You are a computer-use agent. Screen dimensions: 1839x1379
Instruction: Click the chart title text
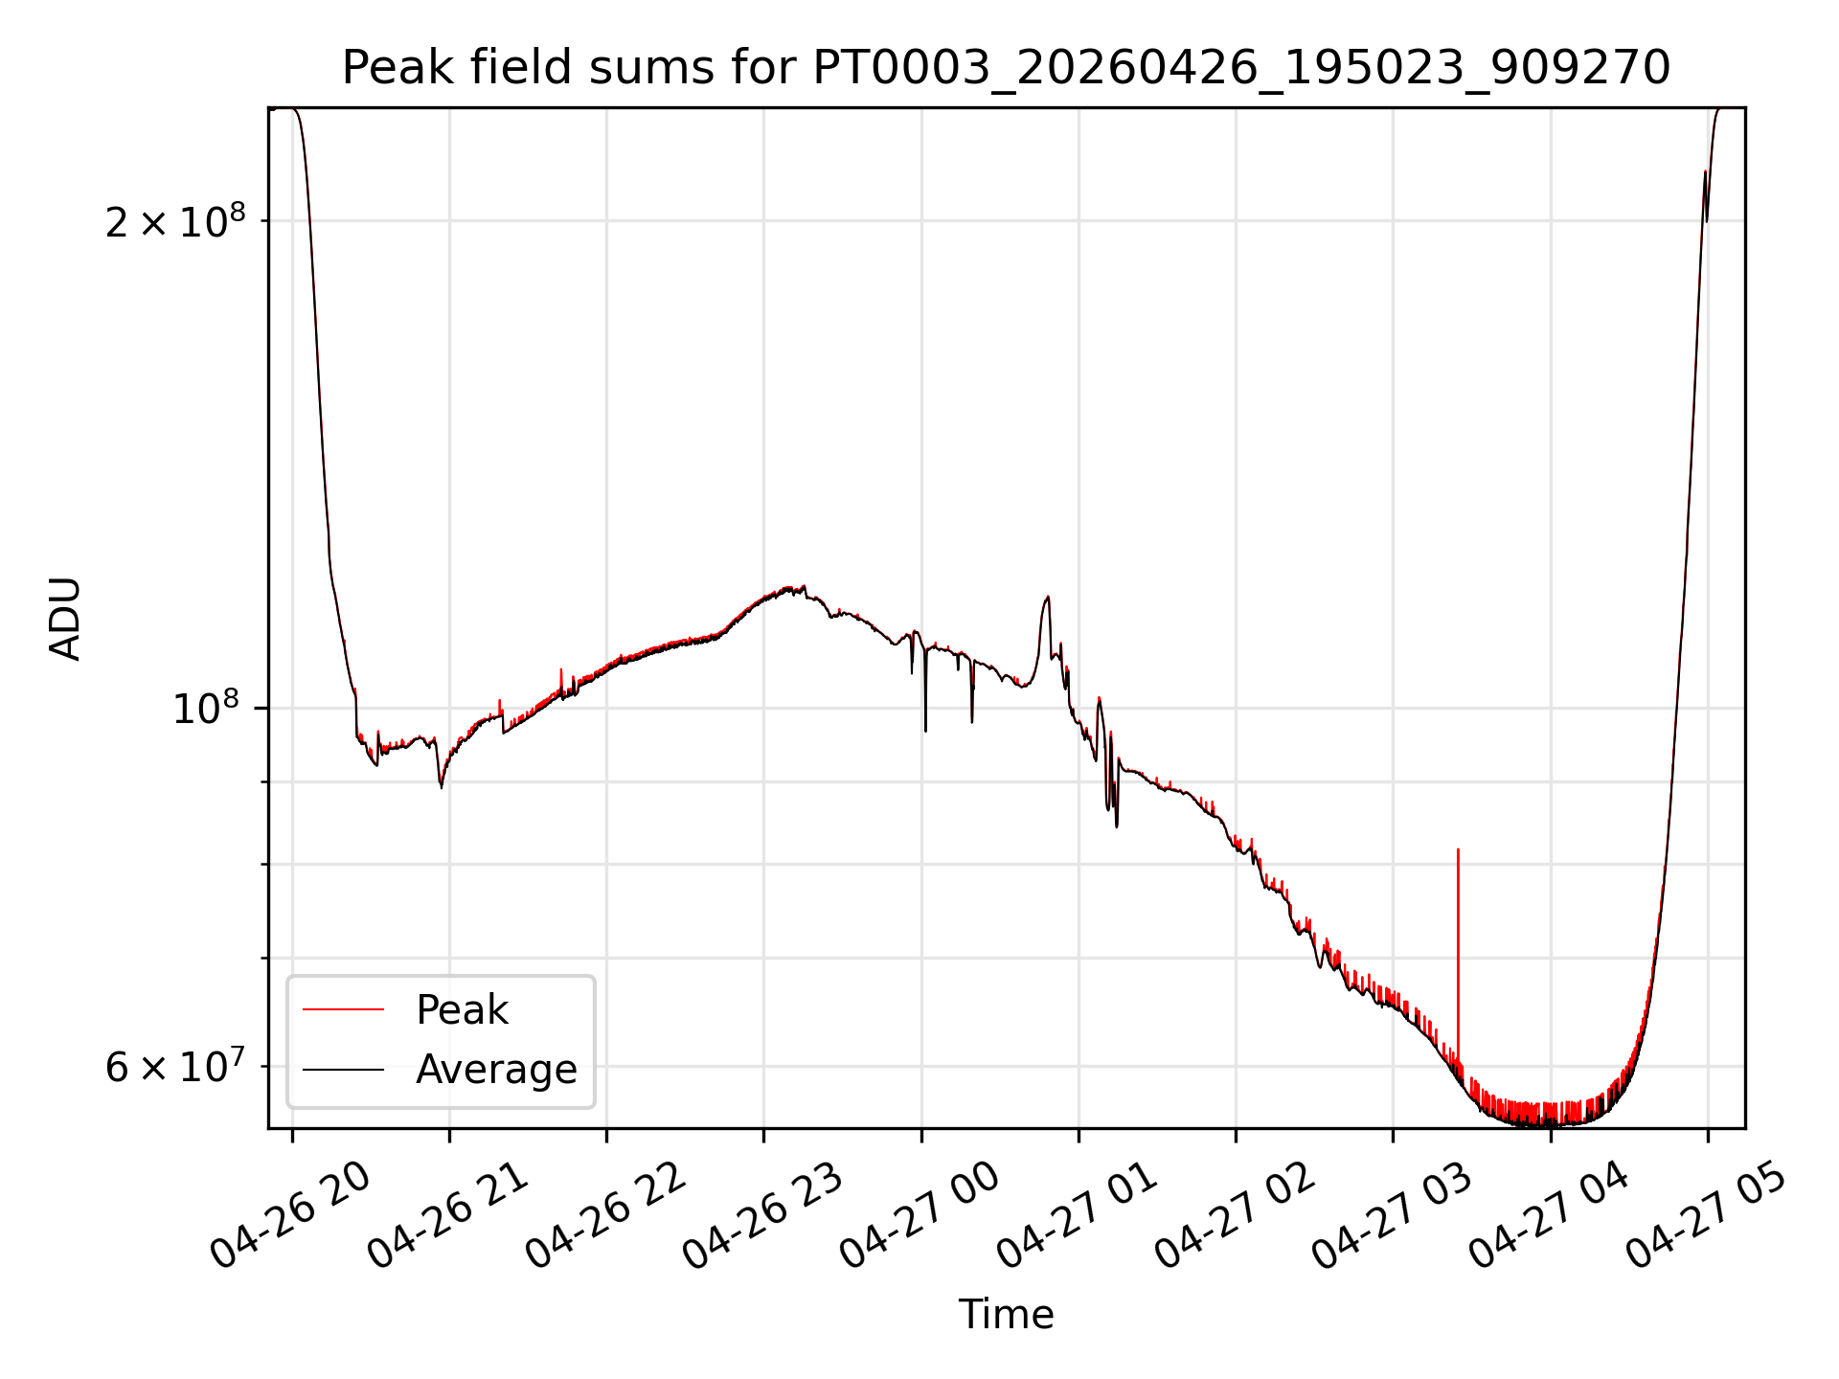(x=1006, y=68)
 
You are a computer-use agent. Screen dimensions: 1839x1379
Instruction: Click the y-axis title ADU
(x=65, y=619)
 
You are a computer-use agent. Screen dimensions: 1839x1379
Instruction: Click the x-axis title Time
(x=1006, y=1314)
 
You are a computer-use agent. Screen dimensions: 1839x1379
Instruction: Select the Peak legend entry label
(x=462, y=1010)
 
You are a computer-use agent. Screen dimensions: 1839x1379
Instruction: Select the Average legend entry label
(x=496, y=1070)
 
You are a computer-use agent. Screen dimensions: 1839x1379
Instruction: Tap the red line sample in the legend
(x=343, y=1009)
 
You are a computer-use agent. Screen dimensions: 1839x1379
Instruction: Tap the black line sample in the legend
(x=343, y=1070)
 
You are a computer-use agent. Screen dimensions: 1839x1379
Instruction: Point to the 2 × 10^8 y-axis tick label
(x=175, y=221)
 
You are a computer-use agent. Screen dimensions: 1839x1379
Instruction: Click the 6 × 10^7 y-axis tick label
(x=175, y=1066)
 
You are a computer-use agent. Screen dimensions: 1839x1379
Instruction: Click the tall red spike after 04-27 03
(x=1458, y=953)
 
